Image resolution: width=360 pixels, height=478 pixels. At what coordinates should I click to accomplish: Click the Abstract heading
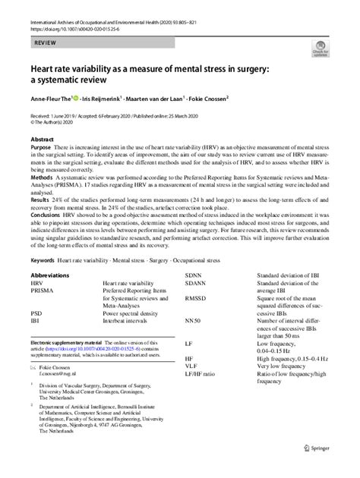pyautogui.click(x=42, y=140)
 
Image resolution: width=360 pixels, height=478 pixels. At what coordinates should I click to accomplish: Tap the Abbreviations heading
pyautogui.click(x=52, y=274)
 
